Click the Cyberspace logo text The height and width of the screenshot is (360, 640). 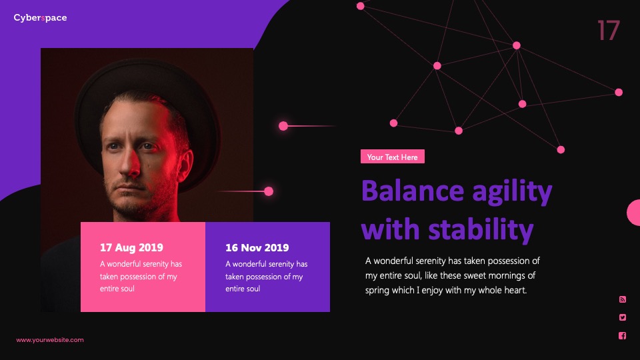click(40, 18)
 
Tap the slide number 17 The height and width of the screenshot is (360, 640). click(609, 31)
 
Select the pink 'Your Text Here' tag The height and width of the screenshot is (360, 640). click(392, 157)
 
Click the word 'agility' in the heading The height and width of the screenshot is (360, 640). click(512, 193)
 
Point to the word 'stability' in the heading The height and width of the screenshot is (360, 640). click(481, 229)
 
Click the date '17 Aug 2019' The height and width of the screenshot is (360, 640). click(131, 247)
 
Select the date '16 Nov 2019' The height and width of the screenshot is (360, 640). click(257, 247)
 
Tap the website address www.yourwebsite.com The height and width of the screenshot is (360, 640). click(50, 340)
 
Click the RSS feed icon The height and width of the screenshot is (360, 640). click(623, 299)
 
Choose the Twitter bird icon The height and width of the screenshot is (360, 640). click(623, 317)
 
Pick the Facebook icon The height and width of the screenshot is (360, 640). click(623, 335)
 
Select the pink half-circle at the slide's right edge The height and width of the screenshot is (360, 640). click(634, 213)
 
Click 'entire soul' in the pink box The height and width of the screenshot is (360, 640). click(117, 289)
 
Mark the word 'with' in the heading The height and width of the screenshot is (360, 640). click(391, 229)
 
